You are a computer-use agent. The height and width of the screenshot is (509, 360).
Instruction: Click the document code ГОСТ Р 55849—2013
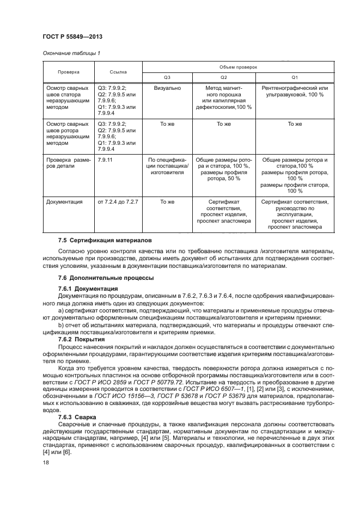[72, 37]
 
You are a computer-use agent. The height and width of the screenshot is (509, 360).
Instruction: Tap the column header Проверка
[69, 71]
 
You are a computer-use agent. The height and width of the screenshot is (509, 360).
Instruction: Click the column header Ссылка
[118, 71]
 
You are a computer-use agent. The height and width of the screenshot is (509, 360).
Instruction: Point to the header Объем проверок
[238, 66]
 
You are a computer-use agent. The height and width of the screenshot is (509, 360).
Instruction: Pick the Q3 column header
[167, 77]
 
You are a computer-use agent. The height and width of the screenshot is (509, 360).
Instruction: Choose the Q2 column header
[223, 77]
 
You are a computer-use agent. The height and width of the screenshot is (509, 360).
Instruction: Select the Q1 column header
[295, 77]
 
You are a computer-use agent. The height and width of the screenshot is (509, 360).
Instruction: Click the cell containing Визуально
[167, 88]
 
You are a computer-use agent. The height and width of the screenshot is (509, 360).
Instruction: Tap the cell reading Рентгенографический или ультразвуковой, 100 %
[295, 91]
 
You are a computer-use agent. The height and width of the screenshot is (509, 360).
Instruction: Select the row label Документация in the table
[65, 201]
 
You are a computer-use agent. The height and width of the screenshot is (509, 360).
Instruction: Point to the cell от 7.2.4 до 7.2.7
[118, 201]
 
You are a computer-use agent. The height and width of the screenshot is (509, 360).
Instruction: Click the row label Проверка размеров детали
[69, 163]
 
